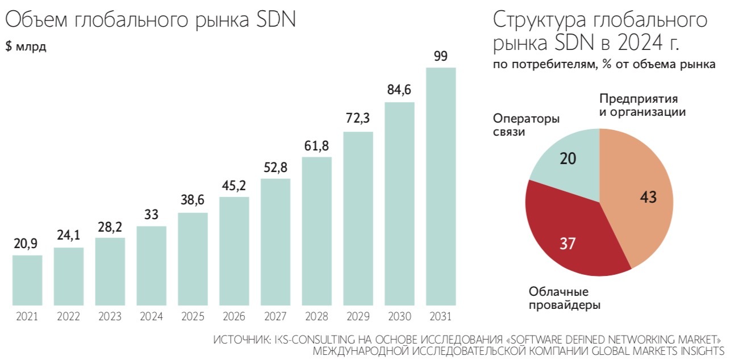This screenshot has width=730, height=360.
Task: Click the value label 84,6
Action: (x=399, y=90)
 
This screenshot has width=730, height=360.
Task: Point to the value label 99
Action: (x=441, y=56)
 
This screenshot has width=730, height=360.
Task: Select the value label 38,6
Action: (x=193, y=200)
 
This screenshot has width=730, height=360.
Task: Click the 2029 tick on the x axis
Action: (x=358, y=316)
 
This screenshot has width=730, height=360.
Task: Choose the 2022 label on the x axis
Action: (x=69, y=316)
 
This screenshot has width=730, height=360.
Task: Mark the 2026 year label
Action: (x=234, y=316)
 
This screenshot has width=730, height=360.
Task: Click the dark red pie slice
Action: (x=568, y=238)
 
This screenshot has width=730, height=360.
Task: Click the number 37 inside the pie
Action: (x=568, y=244)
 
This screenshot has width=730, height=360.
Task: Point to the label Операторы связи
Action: (x=526, y=125)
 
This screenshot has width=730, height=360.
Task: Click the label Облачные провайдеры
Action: (x=565, y=298)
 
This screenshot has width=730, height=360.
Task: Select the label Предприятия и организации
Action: (x=643, y=105)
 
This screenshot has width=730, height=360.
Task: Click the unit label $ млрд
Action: (x=26, y=47)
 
